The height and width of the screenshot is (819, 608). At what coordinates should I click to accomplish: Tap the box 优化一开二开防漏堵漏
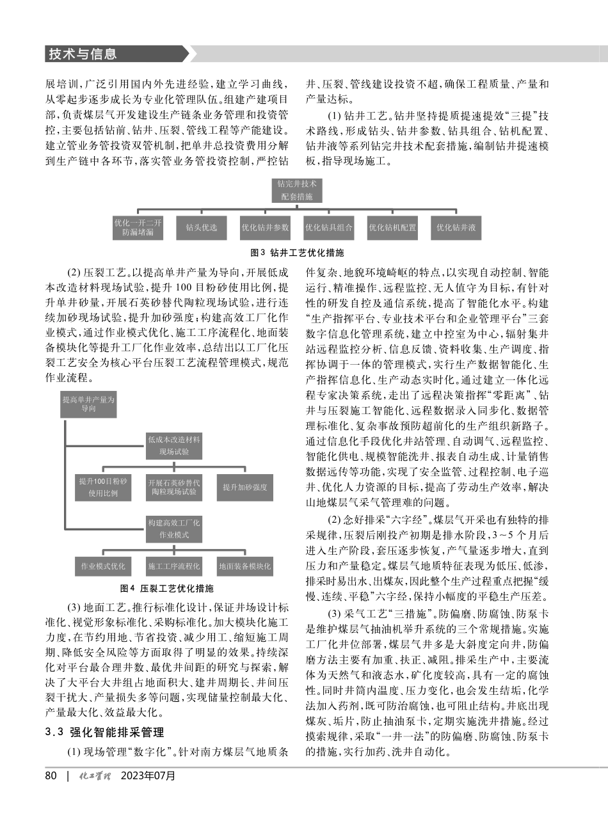coord(138,227)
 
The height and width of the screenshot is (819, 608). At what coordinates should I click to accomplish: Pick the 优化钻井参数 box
coord(265,227)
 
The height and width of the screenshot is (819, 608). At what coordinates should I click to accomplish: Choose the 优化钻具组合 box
coord(328,227)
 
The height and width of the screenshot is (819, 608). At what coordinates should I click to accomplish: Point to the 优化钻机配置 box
coord(392,227)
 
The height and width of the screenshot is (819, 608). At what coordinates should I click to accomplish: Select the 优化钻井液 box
coord(456,227)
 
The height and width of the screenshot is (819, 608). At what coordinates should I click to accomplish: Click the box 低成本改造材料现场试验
coord(173,445)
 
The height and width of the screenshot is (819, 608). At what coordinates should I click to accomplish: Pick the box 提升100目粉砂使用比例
coord(103,488)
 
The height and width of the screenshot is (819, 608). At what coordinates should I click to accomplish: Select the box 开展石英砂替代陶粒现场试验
coord(173,488)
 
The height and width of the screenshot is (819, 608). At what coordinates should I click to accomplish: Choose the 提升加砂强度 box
coord(244,488)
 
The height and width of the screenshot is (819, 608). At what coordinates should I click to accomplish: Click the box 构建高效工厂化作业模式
coord(173,529)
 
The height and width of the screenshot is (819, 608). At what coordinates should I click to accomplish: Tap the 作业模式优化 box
coord(103,566)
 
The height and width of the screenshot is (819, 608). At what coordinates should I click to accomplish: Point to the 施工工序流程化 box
coord(173,566)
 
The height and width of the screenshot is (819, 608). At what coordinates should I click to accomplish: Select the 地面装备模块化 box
coord(244,566)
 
